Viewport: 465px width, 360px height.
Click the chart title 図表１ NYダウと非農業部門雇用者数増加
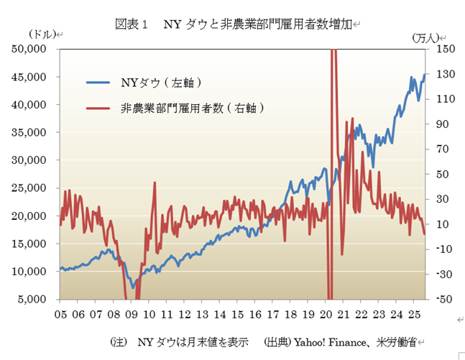pos(234,24)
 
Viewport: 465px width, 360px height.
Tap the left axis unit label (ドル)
pos(45,34)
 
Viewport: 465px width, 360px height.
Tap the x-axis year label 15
pos(237,315)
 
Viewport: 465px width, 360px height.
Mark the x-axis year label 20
pos(325,315)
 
